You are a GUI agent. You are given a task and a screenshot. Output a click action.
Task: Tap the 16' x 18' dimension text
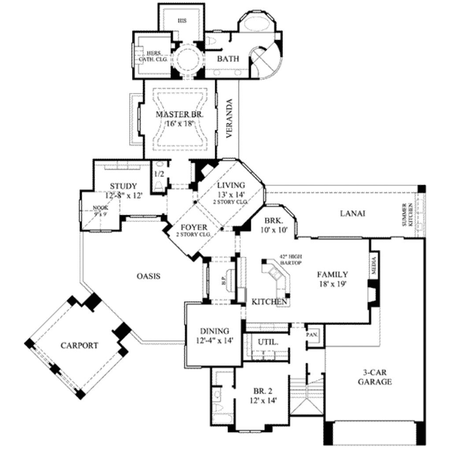pos(180,124)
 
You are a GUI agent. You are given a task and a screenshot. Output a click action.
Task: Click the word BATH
pos(228,59)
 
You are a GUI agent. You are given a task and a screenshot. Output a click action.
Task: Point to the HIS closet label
pos(182,20)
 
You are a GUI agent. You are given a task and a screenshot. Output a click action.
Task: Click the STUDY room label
pos(123,186)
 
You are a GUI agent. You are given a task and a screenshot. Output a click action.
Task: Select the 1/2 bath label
pos(159,173)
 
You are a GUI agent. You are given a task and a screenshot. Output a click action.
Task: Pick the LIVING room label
pos(231,185)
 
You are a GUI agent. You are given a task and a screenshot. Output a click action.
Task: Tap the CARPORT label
pos(79,345)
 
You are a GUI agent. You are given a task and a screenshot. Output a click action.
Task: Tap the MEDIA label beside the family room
pos(374,266)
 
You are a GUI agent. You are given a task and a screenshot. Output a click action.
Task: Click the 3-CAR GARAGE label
pos(374,377)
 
